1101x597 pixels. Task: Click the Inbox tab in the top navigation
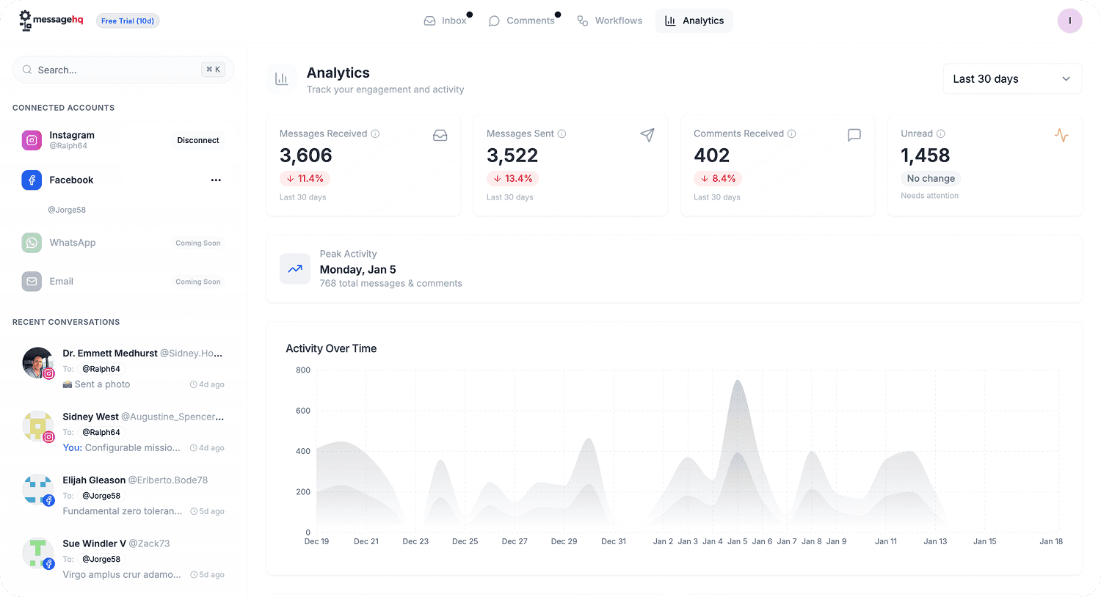[446, 21]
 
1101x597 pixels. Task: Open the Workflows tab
[610, 21]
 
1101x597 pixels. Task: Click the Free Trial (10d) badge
[128, 21]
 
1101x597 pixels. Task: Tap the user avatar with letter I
[1069, 21]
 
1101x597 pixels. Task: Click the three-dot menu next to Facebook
[216, 180]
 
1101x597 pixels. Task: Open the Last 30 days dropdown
[1011, 79]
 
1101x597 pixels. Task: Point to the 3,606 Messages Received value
[306, 155]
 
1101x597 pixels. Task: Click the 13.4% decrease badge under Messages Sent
[512, 178]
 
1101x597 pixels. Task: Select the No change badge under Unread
[931, 178]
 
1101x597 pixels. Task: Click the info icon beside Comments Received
[792, 133]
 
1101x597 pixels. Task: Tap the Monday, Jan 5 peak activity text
[358, 270]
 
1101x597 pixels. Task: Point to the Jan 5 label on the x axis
[737, 541]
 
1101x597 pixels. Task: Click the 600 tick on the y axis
[303, 411]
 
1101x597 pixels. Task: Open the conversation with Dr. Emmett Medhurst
[110, 354]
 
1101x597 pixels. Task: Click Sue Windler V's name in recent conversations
[94, 543]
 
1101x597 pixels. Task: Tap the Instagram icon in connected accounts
[32, 140]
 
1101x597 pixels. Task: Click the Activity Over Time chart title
[331, 349]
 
